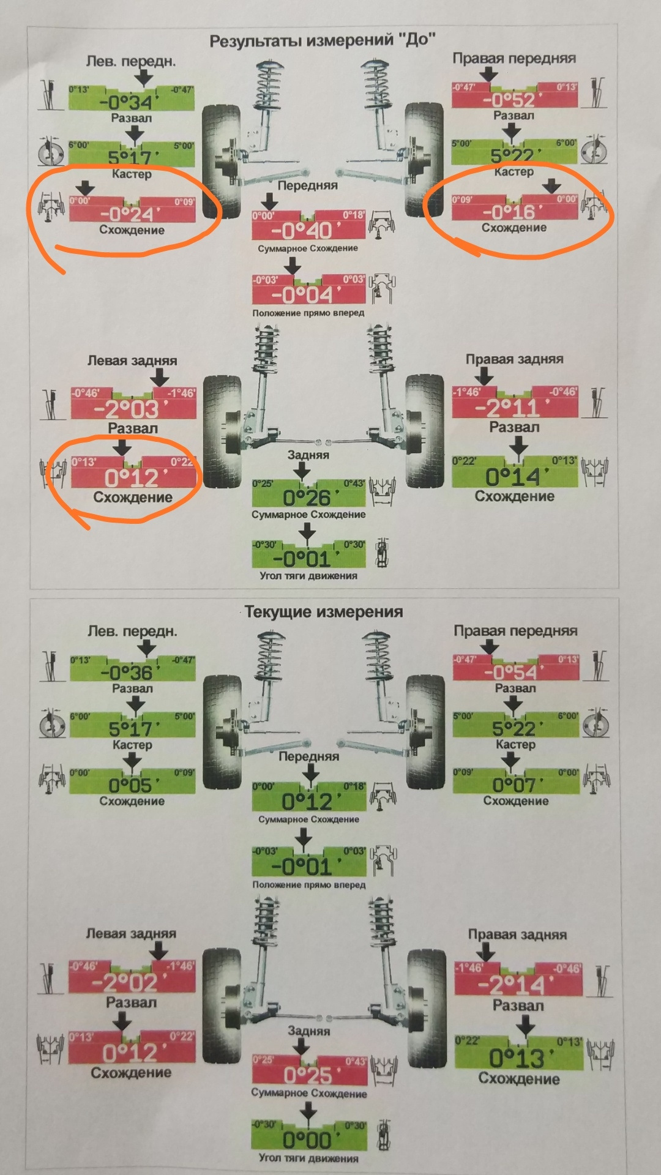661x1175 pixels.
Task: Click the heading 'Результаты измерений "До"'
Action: (323, 41)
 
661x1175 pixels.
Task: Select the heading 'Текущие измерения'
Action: (324, 612)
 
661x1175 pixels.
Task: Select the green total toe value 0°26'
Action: (308, 497)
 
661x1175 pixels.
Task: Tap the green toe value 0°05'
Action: (132, 785)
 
